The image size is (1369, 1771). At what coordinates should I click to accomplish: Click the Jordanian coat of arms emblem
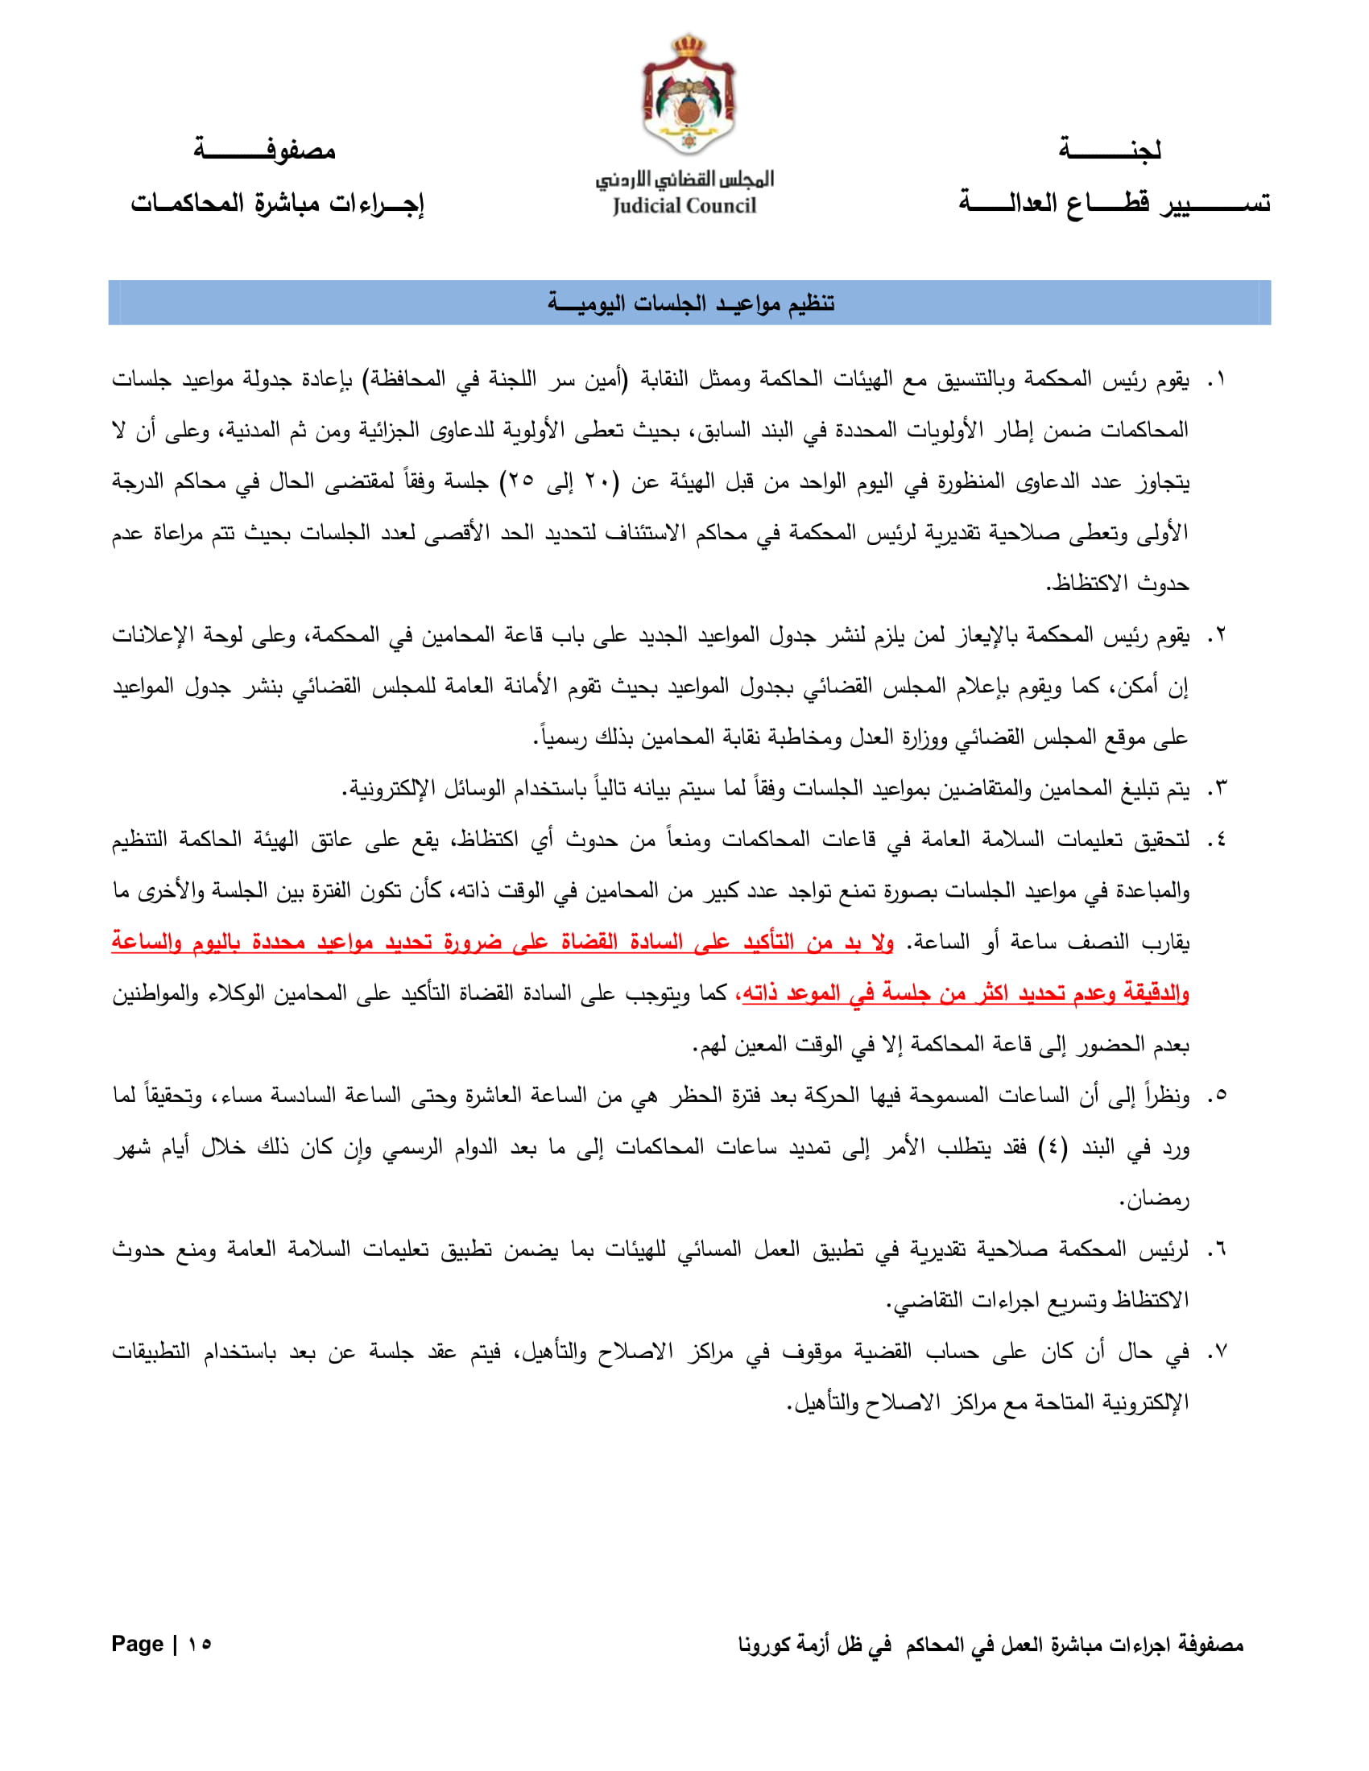[x=689, y=95]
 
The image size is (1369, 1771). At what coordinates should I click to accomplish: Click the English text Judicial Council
[x=684, y=206]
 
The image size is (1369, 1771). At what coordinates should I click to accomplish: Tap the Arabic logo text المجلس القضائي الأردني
[x=684, y=179]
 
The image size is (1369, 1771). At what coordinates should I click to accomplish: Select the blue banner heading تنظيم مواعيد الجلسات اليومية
[x=689, y=303]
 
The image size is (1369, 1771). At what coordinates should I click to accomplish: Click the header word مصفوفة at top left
[x=264, y=150]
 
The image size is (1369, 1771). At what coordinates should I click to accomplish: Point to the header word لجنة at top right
[x=1110, y=150]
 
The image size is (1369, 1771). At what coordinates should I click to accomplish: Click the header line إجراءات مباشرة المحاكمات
[x=277, y=202]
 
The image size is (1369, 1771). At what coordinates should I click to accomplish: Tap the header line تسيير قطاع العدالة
[x=1115, y=202]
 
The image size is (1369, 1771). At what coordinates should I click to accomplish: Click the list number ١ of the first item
[x=1218, y=379]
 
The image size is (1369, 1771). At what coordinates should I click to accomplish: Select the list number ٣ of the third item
[x=1218, y=787]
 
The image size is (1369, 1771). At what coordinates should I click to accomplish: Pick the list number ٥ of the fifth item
[x=1218, y=1096]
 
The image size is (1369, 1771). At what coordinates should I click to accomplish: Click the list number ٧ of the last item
[x=1218, y=1352]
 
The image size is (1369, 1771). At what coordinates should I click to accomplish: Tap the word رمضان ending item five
[x=1155, y=1199]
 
